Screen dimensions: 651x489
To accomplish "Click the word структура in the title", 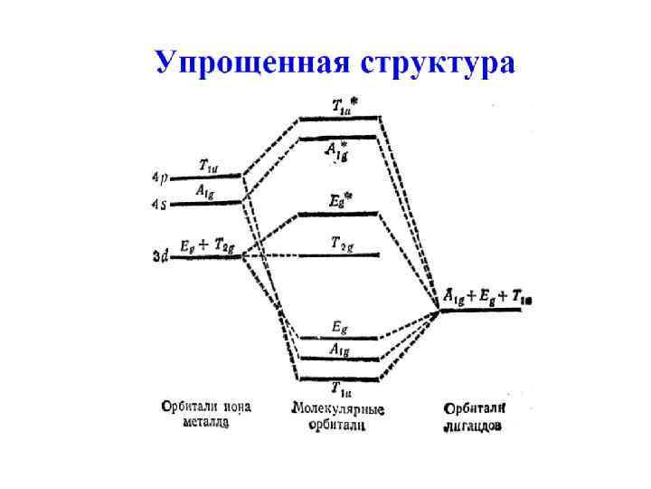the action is click(438, 62).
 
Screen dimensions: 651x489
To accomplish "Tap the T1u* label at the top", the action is click(341, 105).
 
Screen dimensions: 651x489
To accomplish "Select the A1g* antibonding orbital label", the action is click(337, 150).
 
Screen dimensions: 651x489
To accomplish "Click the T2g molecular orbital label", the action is click(341, 243).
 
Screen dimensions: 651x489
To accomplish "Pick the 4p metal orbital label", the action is click(159, 177).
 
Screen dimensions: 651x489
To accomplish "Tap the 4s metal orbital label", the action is click(159, 204).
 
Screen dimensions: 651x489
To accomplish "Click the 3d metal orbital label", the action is click(159, 257).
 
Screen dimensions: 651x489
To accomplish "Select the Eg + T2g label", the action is click(208, 244).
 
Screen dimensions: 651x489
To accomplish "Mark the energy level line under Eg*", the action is click(338, 214).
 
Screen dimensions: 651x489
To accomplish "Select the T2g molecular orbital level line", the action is click(338, 255).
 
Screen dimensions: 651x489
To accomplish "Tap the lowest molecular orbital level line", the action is click(338, 378).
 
